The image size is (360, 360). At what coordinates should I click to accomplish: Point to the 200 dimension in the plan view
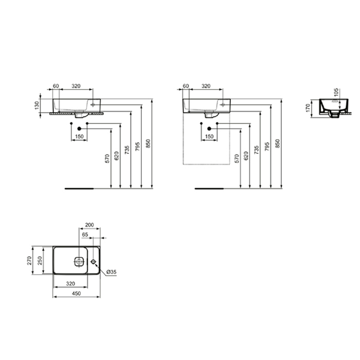[89, 225]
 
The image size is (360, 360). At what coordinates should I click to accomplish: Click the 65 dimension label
[85, 234]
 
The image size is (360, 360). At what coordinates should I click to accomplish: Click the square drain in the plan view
[79, 261]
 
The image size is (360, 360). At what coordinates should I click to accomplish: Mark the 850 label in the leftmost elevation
[149, 145]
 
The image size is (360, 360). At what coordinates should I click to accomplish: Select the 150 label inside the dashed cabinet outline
[209, 136]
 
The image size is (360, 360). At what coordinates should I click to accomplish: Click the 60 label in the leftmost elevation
[57, 85]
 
